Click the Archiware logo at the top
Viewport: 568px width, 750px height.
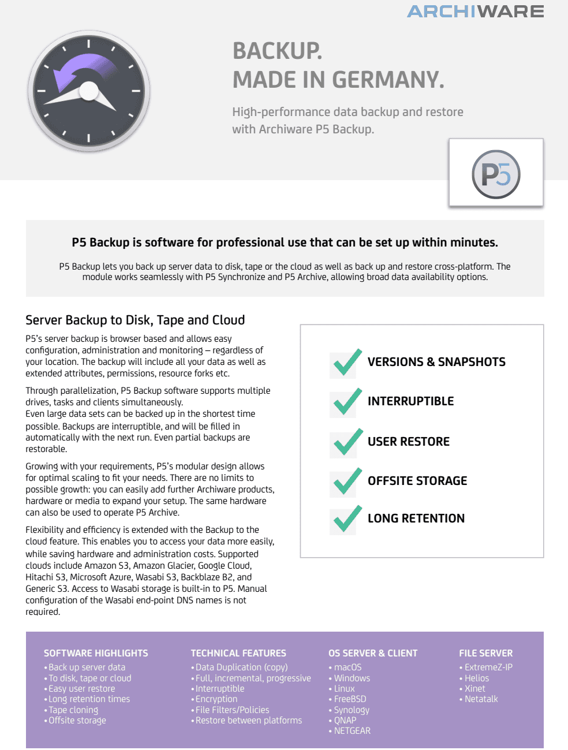(x=475, y=12)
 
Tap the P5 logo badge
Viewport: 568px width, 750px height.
(x=496, y=174)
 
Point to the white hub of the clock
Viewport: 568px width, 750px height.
(x=89, y=91)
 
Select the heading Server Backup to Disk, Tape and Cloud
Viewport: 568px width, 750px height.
(x=135, y=320)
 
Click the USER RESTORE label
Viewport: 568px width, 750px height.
(x=408, y=442)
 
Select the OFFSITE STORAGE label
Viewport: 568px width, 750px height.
(x=417, y=481)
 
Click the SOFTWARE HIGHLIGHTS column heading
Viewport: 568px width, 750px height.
(x=96, y=653)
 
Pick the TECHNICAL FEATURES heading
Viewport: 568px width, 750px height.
(x=238, y=653)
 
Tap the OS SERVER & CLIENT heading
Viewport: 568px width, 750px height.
(x=373, y=653)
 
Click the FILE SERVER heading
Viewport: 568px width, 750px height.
(x=485, y=653)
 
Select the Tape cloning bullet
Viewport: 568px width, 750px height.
(x=73, y=710)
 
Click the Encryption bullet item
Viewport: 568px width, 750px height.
(x=216, y=699)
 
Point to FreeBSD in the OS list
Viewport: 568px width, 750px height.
(x=350, y=699)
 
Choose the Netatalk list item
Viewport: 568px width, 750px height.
(x=481, y=699)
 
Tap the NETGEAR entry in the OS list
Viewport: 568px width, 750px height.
(x=352, y=731)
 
